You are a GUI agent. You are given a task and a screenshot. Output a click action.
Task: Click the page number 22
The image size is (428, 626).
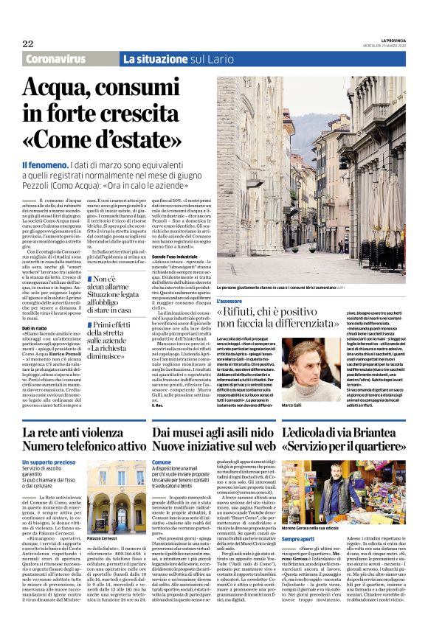pyautogui.click(x=27, y=44)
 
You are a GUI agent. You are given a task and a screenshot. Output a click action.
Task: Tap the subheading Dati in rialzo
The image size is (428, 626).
pyautogui.click(x=35, y=306)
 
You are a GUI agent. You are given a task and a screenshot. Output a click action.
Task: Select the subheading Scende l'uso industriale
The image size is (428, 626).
pyautogui.click(x=175, y=256)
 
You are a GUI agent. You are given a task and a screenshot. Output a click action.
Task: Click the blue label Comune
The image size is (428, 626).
pyautogui.click(x=162, y=462)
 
